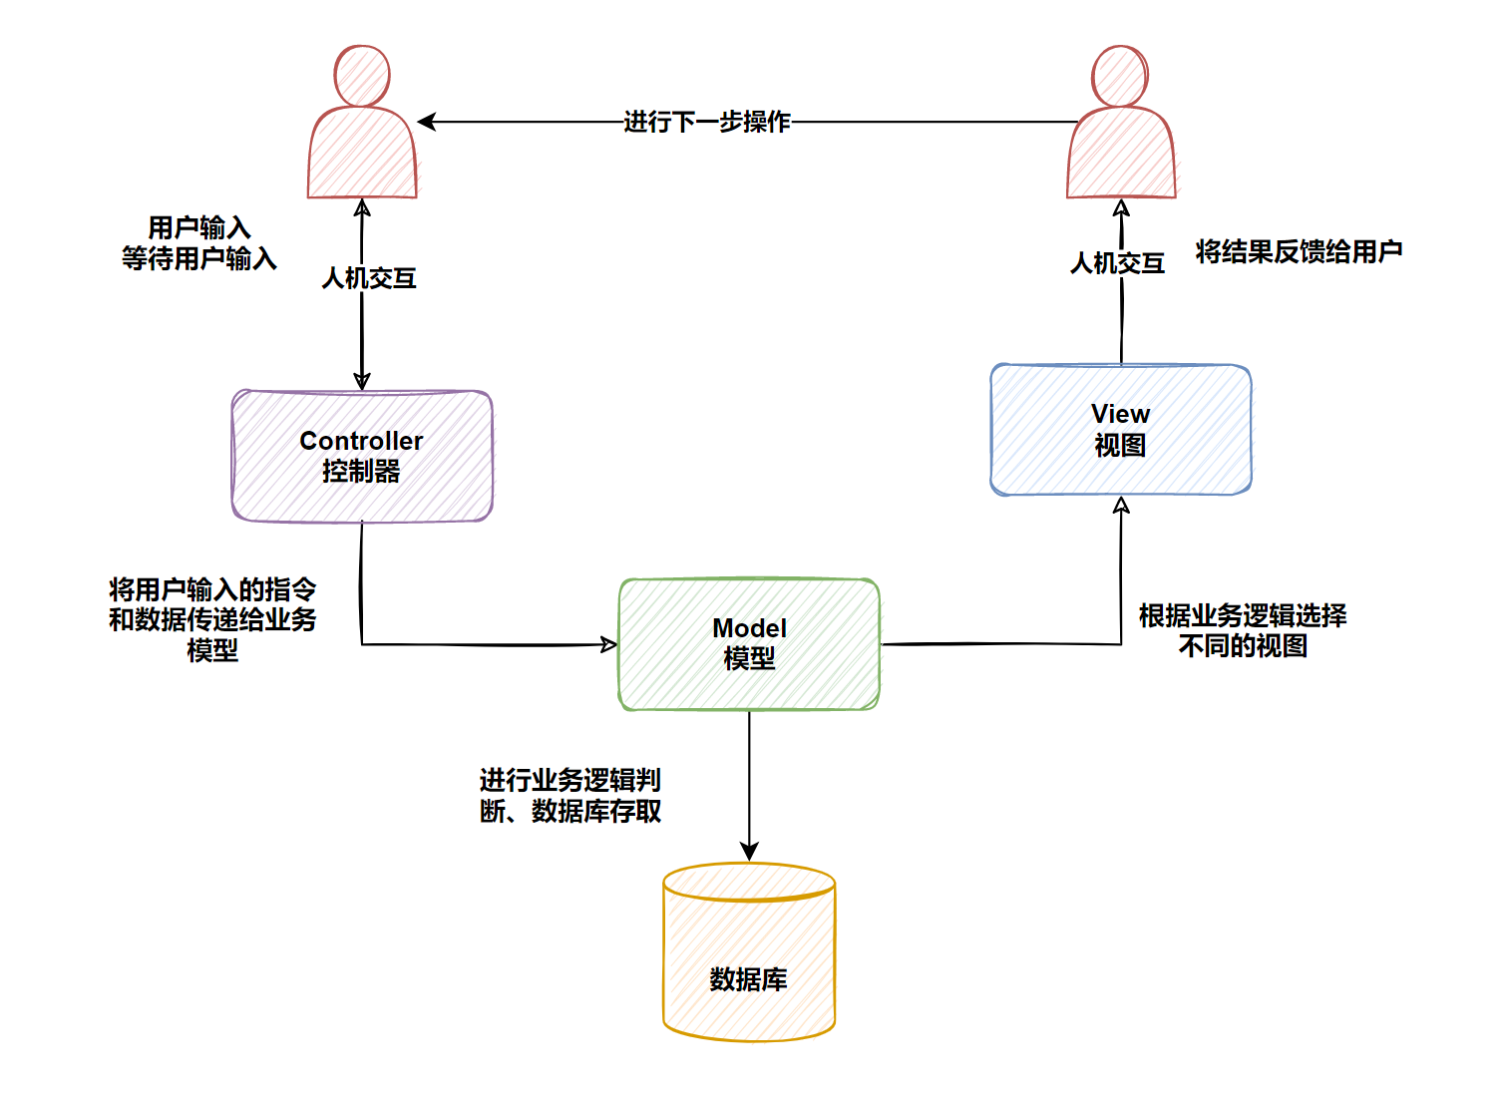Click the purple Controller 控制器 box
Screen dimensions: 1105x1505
point(362,456)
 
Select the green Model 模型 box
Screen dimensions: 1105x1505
point(749,644)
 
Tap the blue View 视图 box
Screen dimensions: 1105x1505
point(1120,429)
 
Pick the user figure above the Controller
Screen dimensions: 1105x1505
point(362,125)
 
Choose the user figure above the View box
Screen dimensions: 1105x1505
point(1121,125)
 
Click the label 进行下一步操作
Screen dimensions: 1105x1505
point(706,122)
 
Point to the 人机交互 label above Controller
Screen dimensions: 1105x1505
point(368,278)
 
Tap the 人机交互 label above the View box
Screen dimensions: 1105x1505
point(1117,263)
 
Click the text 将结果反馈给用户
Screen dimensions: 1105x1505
point(1299,251)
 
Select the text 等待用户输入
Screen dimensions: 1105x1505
point(198,259)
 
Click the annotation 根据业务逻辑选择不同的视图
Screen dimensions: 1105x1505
point(1243,630)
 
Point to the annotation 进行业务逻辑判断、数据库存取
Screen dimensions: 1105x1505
point(569,796)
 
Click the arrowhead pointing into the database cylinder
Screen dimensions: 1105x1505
point(749,851)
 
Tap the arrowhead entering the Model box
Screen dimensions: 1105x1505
point(608,644)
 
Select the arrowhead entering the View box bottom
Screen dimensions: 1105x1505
point(1121,506)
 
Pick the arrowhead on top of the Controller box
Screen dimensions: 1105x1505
point(362,380)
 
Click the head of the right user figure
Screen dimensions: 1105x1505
point(1120,75)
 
